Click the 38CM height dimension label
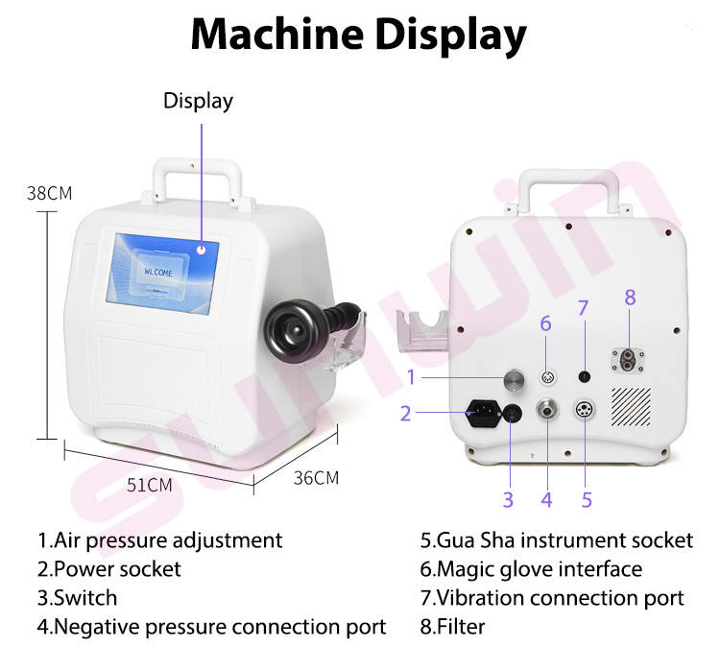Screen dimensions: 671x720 point(49,192)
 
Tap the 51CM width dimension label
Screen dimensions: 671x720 point(149,485)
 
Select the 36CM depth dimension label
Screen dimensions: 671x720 point(317,477)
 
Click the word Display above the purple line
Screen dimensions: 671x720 point(198,101)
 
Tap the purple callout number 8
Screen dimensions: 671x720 point(630,298)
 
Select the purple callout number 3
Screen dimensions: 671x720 point(508,499)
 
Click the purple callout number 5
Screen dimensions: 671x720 point(587,499)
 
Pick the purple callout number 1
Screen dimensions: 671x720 point(410,376)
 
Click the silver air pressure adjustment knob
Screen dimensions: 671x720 point(515,379)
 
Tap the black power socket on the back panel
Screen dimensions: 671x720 point(483,415)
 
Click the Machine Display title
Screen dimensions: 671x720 point(359,36)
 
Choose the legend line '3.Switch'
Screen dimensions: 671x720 point(77,597)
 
